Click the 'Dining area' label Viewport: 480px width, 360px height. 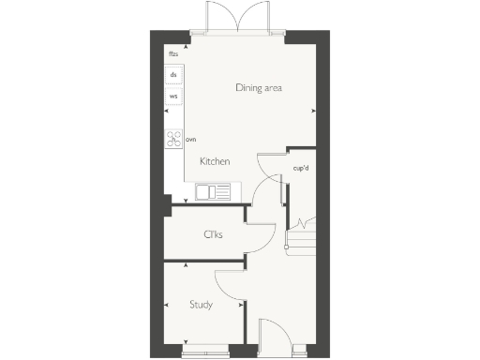[x=259, y=88]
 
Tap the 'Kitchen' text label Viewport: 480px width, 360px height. [x=215, y=162]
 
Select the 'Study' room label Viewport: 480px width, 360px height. [x=201, y=305]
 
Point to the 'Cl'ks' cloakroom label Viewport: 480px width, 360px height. [x=213, y=234]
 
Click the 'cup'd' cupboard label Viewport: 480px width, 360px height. [x=302, y=169]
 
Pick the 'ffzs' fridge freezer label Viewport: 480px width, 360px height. [x=173, y=54]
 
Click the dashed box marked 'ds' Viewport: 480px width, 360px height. [x=174, y=74]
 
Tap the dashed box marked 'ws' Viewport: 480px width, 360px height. [x=174, y=97]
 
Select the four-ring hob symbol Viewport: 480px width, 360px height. [x=174, y=140]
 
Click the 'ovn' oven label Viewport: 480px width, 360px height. [x=191, y=140]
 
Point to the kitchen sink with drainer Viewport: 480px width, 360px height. [x=217, y=192]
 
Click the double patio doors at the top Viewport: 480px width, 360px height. [x=238, y=22]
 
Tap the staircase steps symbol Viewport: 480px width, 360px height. [x=303, y=234]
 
